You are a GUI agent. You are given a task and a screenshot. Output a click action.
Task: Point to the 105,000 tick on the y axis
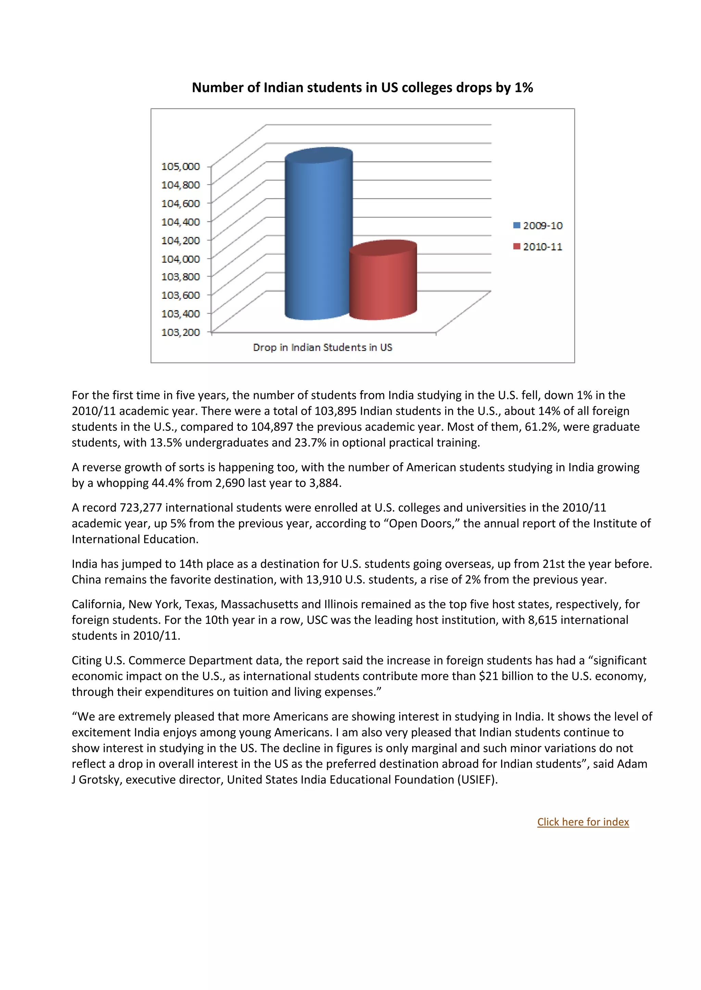click(180, 167)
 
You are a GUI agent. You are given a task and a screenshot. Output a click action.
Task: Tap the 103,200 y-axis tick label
click(180, 332)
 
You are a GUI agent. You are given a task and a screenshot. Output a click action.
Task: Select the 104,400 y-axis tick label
click(180, 222)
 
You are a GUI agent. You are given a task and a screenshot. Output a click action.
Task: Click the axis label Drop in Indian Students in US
click(322, 347)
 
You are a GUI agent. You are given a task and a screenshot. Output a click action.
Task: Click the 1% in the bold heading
click(524, 88)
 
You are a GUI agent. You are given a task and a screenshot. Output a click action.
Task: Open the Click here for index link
click(583, 822)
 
